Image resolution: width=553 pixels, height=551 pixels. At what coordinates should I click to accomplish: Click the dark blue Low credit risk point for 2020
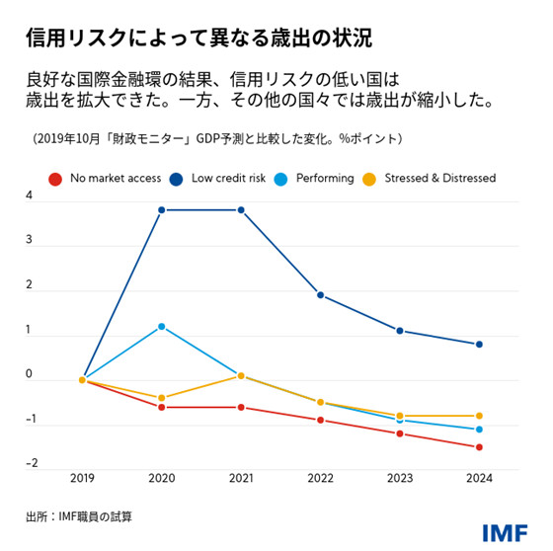tap(161, 209)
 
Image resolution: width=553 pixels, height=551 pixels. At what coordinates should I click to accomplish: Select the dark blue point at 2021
tap(241, 209)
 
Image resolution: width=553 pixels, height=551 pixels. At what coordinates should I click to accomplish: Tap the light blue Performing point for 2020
tap(161, 326)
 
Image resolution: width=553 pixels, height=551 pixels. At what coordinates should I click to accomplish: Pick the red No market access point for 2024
tap(479, 446)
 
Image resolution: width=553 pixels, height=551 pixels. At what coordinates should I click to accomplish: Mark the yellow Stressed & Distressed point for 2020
tap(161, 398)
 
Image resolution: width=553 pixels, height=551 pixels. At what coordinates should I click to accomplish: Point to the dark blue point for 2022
tap(320, 294)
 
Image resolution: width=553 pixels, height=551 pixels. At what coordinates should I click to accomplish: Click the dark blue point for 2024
tap(479, 344)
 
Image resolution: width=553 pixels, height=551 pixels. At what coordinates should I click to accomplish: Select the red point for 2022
tap(320, 420)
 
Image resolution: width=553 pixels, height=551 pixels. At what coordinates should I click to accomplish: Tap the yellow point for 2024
tap(479, 416)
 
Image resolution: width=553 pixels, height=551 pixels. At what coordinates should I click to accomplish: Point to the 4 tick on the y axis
tap(30, 196)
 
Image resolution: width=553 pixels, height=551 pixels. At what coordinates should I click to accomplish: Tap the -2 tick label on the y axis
tap(32, 463)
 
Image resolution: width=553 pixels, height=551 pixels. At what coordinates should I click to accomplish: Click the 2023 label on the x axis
tap(399, 478)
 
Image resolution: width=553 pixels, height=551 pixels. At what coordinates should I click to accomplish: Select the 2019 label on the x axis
tap(82, 478)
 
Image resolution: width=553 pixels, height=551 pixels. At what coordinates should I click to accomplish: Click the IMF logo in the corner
tap(504, 531)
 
